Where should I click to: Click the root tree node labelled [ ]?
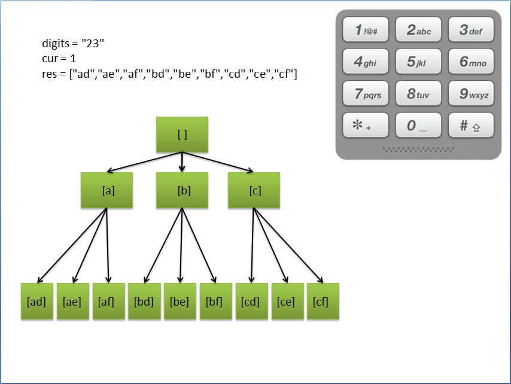pos(182,135)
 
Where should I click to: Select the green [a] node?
pos(107,190)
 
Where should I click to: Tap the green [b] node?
pos(182,190)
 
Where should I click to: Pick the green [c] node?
pos(254,190)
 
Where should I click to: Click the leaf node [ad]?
pos(36,301)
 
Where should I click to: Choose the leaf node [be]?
pos(180,301)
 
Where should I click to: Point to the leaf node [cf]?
pos(323,301)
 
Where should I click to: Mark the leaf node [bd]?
pos(144,301)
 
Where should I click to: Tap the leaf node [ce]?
pos(287,301)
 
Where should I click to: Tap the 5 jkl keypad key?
pos(418,62)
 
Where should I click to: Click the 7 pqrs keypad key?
pos(366,94)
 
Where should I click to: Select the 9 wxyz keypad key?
pos(472,94)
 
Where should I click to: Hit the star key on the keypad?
pos(366,126)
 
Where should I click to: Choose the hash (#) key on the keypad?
pos(472,126)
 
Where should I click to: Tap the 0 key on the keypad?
pos(418,126)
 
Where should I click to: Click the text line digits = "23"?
pos(74,43)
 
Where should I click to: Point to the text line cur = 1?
pos(59,59)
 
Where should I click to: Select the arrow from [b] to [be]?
pos(181,245)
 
